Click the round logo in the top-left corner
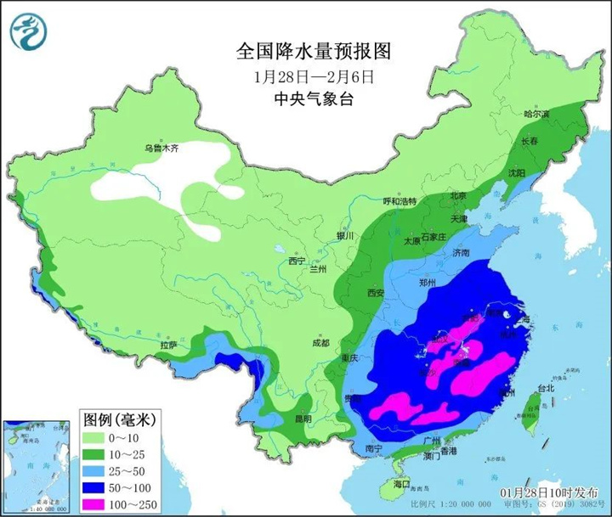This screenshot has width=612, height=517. point(29,31)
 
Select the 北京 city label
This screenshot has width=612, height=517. point(458,195)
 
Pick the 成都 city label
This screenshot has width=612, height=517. point(320,344)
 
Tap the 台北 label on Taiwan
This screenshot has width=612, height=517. point(544,389)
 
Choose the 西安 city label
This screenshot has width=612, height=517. point(377,293)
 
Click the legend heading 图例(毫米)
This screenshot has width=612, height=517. point(119,419)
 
